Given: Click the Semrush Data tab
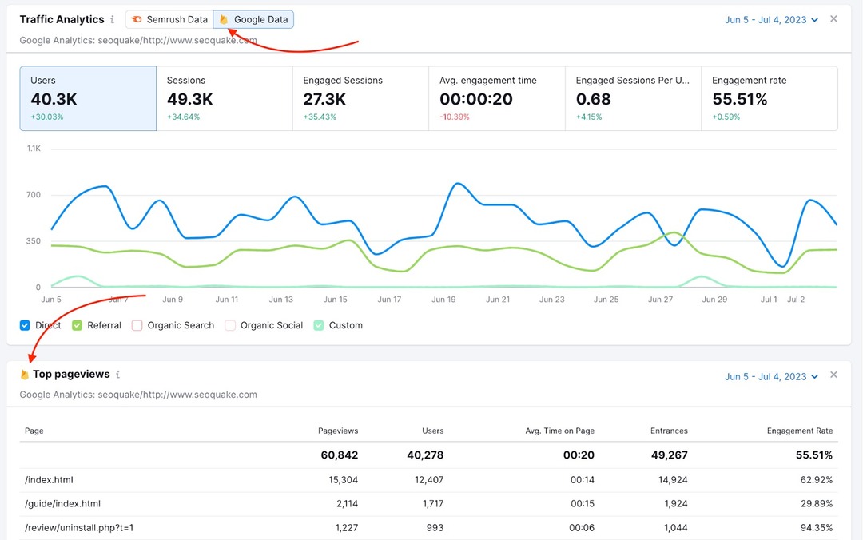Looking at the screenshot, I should pyautogui.click(x=169, y=19).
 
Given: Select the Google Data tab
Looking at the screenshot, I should pyautogui.click(x=253, y=19).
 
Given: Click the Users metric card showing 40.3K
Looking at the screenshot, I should pyautogui.click(x=88, y=98).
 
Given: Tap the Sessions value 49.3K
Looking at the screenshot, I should pyautogui.click(x=189, y=99).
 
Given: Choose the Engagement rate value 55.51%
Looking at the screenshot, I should pyautogui.click(x=739, y=99).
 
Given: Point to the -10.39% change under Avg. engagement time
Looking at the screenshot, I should pyautogui.click(x=455, y=117).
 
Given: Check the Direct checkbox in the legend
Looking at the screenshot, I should pyautogui.click(x=25, y=325).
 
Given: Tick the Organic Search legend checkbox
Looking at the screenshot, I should pyautogui.click(x=137, y=325).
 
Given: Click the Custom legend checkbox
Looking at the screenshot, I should pyautogui.click(x=319, y=325).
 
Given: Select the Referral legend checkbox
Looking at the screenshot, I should pyautogui.click(x=78, y=325).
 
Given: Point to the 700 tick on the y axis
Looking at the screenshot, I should pyautogui.click(x=33, y=195).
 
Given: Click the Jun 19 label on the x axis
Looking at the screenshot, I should pyautogui.click(x=443, y=300).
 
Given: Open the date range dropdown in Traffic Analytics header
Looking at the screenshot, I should pyautogui.click(x=771, y=19).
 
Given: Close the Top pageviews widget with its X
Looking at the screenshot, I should pyautogui.click(x=833, y=375).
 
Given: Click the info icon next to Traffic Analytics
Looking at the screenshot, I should pyautogui.click(x=112, y=19).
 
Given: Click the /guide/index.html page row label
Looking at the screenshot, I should pyautogui.click(x=62, y=504).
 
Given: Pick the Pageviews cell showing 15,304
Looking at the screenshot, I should pyautogui.click(x=338, y=480).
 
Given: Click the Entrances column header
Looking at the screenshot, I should pyautogui.click(x=669, y=431).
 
